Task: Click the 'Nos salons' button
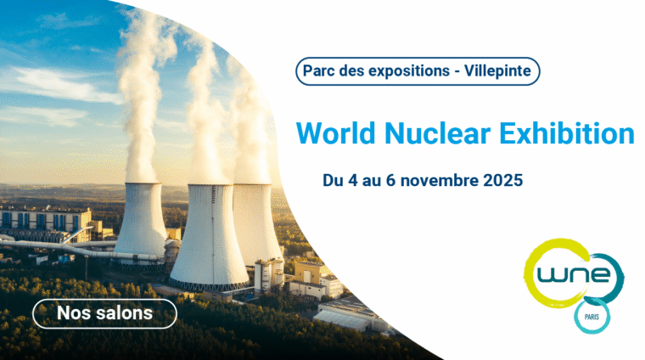pyautogui.click(x=104, y=313)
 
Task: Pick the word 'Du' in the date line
pyautogui.click(x=332, y=181)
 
